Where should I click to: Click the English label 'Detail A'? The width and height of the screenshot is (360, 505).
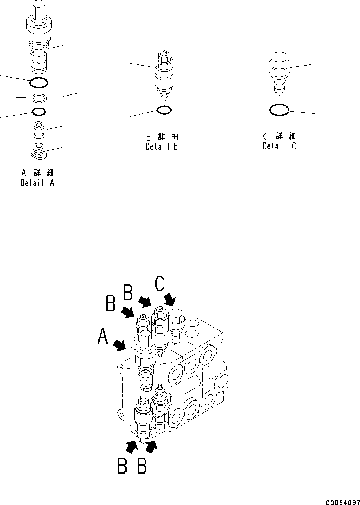coord(37,183)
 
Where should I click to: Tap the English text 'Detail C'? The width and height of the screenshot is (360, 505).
coord(279,146)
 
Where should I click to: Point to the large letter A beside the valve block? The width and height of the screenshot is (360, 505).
coord(103,336)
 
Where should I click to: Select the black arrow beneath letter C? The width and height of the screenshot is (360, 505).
coord(170,299)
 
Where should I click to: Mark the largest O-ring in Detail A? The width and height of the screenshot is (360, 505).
coord(38,83)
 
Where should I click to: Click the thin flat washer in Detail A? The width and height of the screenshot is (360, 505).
coord(38,98)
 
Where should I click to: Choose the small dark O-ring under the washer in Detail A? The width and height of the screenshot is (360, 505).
coord(38,111)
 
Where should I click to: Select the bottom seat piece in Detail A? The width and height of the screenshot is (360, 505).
coord(38,151)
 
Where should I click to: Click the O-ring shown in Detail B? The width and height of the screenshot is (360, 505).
coord(164,109)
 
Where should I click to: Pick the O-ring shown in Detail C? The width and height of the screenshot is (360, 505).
coord(279,109)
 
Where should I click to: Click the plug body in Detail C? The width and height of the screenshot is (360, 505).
coord(279,71)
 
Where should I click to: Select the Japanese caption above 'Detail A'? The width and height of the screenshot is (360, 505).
coord(37,173)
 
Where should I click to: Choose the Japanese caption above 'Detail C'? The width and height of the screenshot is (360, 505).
coord(279,136)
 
